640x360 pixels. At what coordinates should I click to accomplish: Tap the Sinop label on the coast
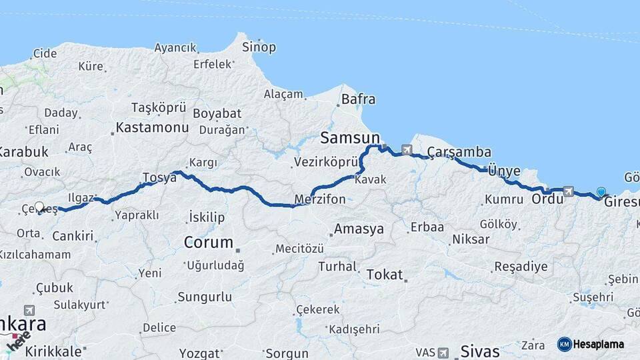[x=259, y=47]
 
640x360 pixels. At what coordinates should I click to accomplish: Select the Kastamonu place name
[x=152, y=127]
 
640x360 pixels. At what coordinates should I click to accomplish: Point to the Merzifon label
[x=320, y=199]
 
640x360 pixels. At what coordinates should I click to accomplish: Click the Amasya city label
[x=359, y=229]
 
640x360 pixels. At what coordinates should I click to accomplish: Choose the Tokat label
[x=385, y=274]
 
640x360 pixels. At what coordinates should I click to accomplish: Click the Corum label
[x=208, y=242]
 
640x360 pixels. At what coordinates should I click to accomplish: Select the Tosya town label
[x=159, y=177]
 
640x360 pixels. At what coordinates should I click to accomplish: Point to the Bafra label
[x=358, y=100]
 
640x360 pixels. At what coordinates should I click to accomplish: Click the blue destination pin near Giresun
[x=601, y=192]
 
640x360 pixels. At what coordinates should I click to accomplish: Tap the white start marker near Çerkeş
[x=39, y=207]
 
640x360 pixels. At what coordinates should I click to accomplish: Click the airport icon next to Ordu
[x=568, y=191]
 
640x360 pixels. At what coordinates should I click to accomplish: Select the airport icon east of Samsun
[x=407, y=150]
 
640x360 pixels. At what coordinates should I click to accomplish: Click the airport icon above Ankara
[x=29, y=310]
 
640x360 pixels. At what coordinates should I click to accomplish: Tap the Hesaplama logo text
[x=599, y=344]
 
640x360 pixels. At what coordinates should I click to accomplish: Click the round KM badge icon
[x=564, y=344]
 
